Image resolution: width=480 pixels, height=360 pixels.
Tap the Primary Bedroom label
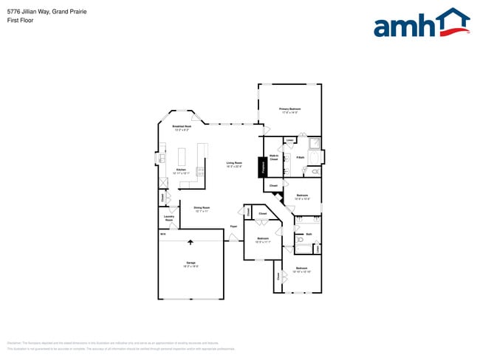[x=289, y=109]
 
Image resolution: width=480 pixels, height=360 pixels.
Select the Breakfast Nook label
[x=182, y=126]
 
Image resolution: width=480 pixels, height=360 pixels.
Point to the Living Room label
[x=235, y=162]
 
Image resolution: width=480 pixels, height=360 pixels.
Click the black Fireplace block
[x=261, y=167]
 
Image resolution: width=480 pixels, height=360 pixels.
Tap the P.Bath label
[x=301, y=157]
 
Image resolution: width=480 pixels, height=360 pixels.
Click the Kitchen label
[x=181, y=170]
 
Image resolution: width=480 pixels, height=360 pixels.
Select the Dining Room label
[x=202, y=207]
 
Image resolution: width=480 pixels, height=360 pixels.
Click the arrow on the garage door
[x=191, y=240]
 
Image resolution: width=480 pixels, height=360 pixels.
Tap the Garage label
[x=191, y=263]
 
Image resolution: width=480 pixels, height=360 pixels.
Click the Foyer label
[x=233, y=226]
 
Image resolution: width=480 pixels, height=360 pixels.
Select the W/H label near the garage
[x=163, y=234]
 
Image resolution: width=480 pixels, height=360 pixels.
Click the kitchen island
[x=182, y=156]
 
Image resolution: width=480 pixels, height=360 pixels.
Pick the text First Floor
[x=18, y=21]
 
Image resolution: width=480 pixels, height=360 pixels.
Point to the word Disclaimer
[x=14, y=343]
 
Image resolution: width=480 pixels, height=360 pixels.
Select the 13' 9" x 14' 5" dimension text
[x=289, y=113]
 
